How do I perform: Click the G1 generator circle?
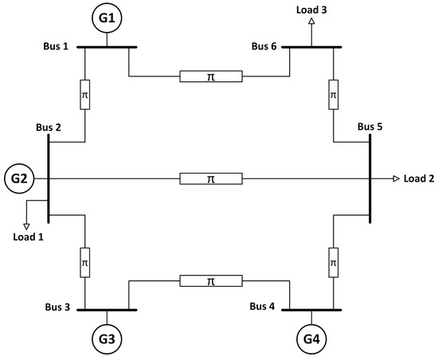[108, 17]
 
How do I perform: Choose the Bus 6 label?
[263, 47]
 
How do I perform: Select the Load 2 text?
[419, 178]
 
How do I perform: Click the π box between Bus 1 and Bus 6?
[210, 77]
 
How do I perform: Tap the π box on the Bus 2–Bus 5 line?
[210, 178]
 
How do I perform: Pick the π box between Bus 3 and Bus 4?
[210, 280]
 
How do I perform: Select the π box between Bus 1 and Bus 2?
[85, 95]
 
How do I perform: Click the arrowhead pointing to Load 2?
[395, 178]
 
